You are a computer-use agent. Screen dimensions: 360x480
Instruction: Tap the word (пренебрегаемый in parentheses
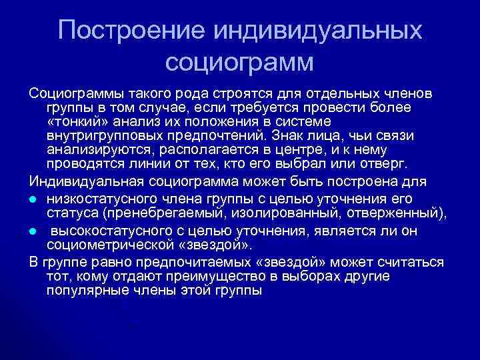point(148,213)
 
